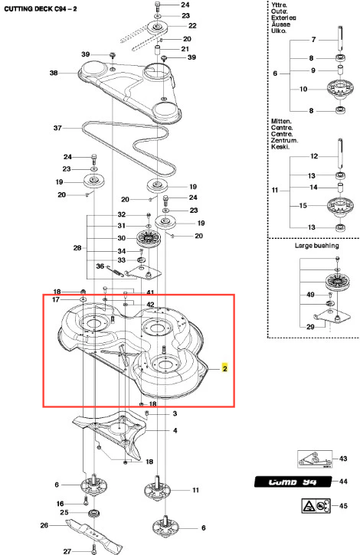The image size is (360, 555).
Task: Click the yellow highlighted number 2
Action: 224,368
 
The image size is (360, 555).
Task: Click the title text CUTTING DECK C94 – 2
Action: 41,9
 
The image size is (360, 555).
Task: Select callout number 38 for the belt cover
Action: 54,73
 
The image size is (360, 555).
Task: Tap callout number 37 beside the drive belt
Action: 57,128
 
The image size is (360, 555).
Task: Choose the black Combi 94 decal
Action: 293,482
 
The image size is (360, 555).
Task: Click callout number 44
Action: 343,482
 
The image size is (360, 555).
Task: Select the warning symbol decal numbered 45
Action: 316,506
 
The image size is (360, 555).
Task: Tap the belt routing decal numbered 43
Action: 315,459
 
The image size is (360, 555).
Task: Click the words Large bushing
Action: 317,245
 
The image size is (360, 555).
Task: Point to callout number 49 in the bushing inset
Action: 310,294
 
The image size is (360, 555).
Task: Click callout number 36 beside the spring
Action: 100,266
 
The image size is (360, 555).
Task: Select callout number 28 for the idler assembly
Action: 77,248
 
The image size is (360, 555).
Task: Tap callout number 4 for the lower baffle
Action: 175,430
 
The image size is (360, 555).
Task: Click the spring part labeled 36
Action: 116,271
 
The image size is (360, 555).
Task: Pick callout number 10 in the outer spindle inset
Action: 303,89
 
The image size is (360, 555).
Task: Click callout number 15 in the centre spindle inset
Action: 303,205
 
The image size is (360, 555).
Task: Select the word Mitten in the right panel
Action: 281,121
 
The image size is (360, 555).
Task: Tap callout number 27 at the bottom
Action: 67,551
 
